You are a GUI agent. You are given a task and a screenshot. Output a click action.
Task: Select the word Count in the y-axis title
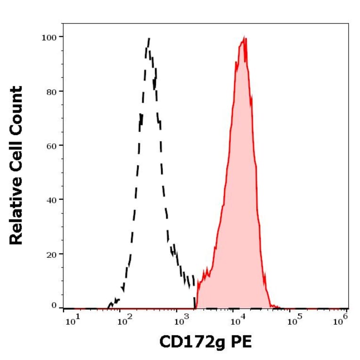pyautogui.click(x=16, y=108)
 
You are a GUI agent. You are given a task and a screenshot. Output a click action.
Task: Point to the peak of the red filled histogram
pyautogui.click(x=244, y=38)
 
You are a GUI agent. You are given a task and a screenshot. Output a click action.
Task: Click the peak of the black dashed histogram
pyautogui.click(x=148, y=40)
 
